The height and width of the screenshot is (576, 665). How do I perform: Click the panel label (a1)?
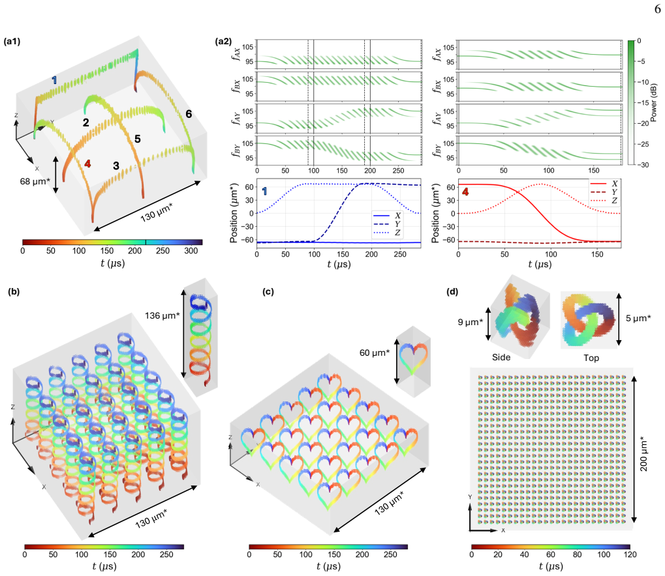point(12,42)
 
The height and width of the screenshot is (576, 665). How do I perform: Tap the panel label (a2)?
point(223,42)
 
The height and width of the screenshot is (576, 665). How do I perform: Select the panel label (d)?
point(452,291)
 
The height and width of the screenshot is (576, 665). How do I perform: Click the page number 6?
point(657,8)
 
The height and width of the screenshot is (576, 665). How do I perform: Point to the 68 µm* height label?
point(35,181)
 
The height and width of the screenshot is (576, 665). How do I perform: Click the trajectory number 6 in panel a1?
point(189,114)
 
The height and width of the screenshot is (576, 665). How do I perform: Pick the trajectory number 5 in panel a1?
point(138,139)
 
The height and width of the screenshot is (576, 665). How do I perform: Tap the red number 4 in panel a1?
point(87,164)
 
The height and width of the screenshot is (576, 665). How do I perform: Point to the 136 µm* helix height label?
point(162,315)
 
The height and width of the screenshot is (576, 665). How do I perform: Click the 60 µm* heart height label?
point(375,353)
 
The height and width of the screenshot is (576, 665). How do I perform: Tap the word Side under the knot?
point(501,357)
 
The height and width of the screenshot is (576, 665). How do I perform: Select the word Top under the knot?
point(591,358)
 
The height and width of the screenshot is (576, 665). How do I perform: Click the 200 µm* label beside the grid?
point(644,454)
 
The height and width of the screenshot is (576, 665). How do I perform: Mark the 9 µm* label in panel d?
point(471,322)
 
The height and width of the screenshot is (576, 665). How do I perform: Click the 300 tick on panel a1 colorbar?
point(191,251)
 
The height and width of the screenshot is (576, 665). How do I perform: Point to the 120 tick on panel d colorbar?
point(630,554)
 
